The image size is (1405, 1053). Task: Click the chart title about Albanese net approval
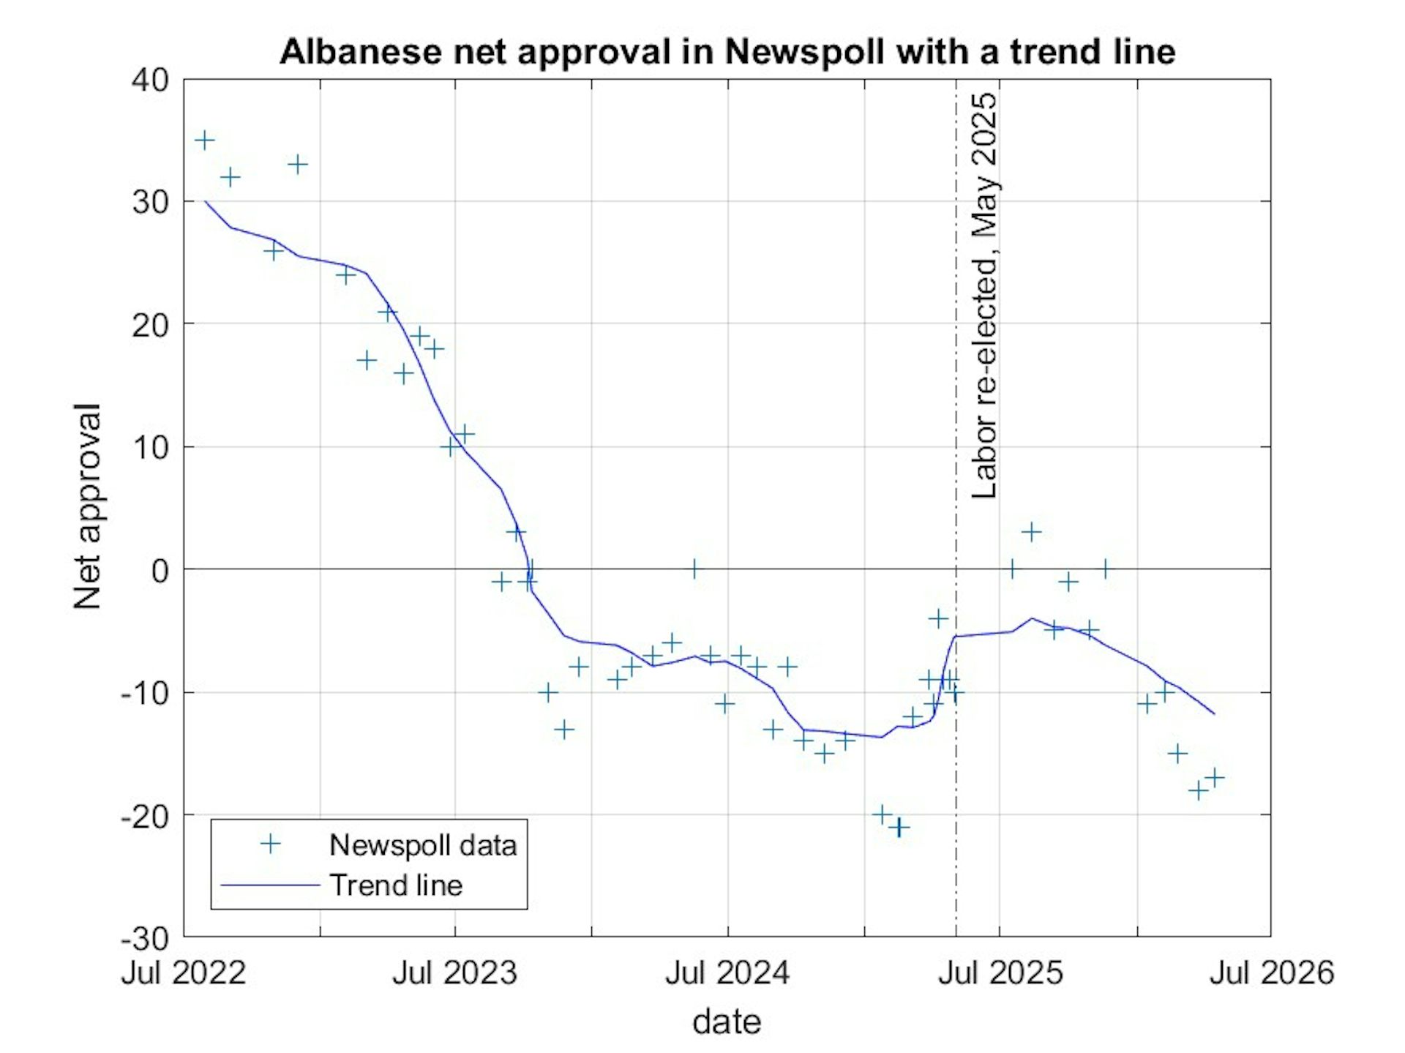click(x=727, y=52)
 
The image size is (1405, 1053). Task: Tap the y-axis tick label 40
click(x=150, y=80)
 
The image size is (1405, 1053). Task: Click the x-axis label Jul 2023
click(x=454, y=973)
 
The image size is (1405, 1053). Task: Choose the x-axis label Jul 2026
click(x=1272, y=973)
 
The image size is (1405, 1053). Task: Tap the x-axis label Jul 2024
click(x=727, y=973)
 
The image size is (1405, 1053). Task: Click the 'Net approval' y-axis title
click(x=87, y=506)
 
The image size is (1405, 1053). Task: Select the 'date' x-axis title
click(x=727, y=1021)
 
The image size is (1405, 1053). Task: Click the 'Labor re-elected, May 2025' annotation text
click(x=984, y=296)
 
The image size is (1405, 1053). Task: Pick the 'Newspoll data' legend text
click(x=423, y=845)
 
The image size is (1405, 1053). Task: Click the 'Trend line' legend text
click(x=396, y=885)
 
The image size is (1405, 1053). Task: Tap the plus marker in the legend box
click(x=271, y=844)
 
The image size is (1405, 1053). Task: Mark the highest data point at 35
click(x=205, y=140)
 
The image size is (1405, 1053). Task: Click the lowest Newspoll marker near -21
click(x=900, y=828)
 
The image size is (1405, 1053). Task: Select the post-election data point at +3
click(x=1031, y=532)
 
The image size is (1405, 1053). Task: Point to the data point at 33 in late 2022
click(x=297, y=164)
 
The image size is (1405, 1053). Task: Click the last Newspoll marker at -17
click(x=1215, y=777)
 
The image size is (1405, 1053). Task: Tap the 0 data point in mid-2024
click(x=694, y=569)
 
